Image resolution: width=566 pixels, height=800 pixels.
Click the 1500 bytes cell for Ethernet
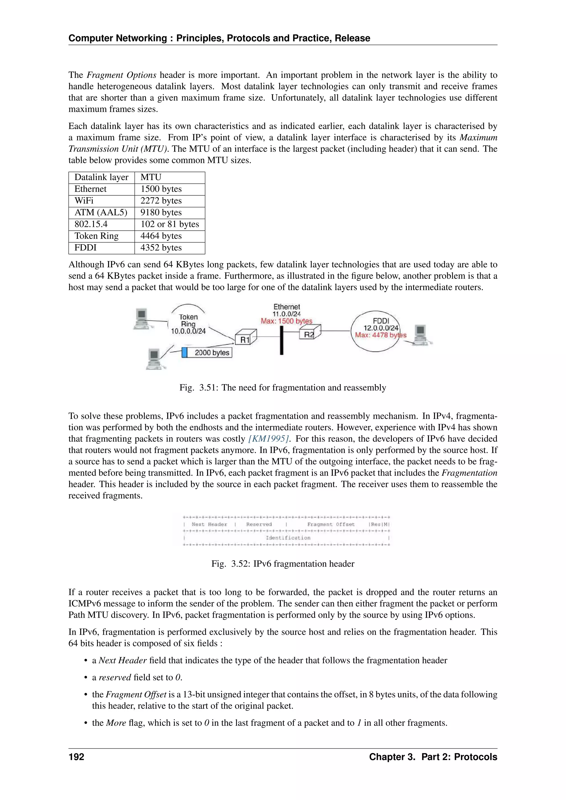point(161,189)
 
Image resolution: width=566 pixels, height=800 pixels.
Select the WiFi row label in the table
point(84,201)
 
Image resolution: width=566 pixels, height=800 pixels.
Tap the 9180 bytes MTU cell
point(161,212)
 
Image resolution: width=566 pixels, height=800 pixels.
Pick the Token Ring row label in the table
point(96,236)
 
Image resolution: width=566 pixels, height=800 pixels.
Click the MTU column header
point(151,177)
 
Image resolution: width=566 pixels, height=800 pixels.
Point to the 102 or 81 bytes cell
point(170,224)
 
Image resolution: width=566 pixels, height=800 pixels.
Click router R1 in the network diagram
point(246,339)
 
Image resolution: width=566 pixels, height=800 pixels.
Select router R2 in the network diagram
point(310,334)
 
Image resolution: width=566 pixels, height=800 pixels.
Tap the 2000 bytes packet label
point(211,352)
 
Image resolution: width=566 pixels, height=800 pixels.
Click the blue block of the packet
point(185,352)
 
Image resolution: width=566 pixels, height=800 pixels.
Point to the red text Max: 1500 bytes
point(287,321)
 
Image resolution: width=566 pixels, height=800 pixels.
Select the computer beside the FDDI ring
point(420,334)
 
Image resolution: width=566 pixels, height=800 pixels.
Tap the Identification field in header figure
point(288,538)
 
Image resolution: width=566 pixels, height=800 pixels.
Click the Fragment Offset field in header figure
point(331,524)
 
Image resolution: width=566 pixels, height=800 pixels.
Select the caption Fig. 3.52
point(283,564)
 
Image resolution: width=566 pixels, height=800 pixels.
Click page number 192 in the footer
point(76,757)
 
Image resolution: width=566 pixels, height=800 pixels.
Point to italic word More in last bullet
point(116,723)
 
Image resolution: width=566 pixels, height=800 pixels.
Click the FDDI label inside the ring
point(381,321)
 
